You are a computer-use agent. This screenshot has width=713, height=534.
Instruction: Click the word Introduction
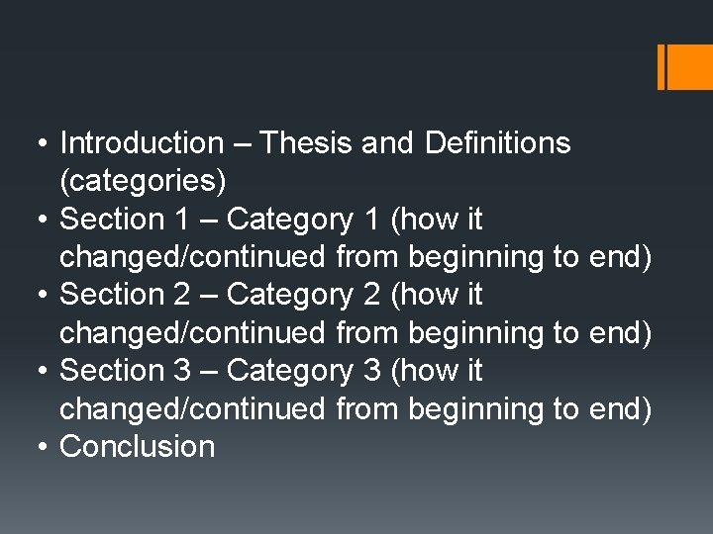tap(142, 143)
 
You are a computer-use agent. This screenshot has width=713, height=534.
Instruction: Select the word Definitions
tap(497, 143)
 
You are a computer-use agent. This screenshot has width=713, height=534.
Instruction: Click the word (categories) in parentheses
tap(143, 182)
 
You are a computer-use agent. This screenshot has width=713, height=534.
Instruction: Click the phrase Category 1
tap(304, 220)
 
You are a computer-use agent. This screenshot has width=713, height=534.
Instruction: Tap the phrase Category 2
tap(304, 295)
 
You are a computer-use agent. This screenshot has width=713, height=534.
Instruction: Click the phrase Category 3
tap(304, 371)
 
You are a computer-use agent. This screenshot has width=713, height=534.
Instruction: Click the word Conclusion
tap(138, 447)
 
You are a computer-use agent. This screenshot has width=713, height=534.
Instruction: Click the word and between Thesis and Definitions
tap(388, 143)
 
